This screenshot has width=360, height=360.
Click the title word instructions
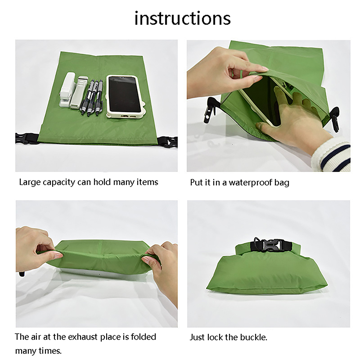click(x=183, y=18)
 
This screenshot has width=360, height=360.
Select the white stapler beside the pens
click(x=67, y=90)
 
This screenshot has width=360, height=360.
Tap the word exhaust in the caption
click(x=84, y=337)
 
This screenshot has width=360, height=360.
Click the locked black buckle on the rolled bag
click(x=270, y=245)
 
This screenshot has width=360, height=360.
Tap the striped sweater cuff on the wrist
click(x=332, y=154)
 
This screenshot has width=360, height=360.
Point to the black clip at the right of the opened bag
click(x=334, y=118)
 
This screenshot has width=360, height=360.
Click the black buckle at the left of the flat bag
click(x=27, y=139)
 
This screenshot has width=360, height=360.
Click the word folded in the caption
click(x=144, y=337)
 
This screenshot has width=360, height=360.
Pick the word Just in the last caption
click(x=197, y=337)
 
